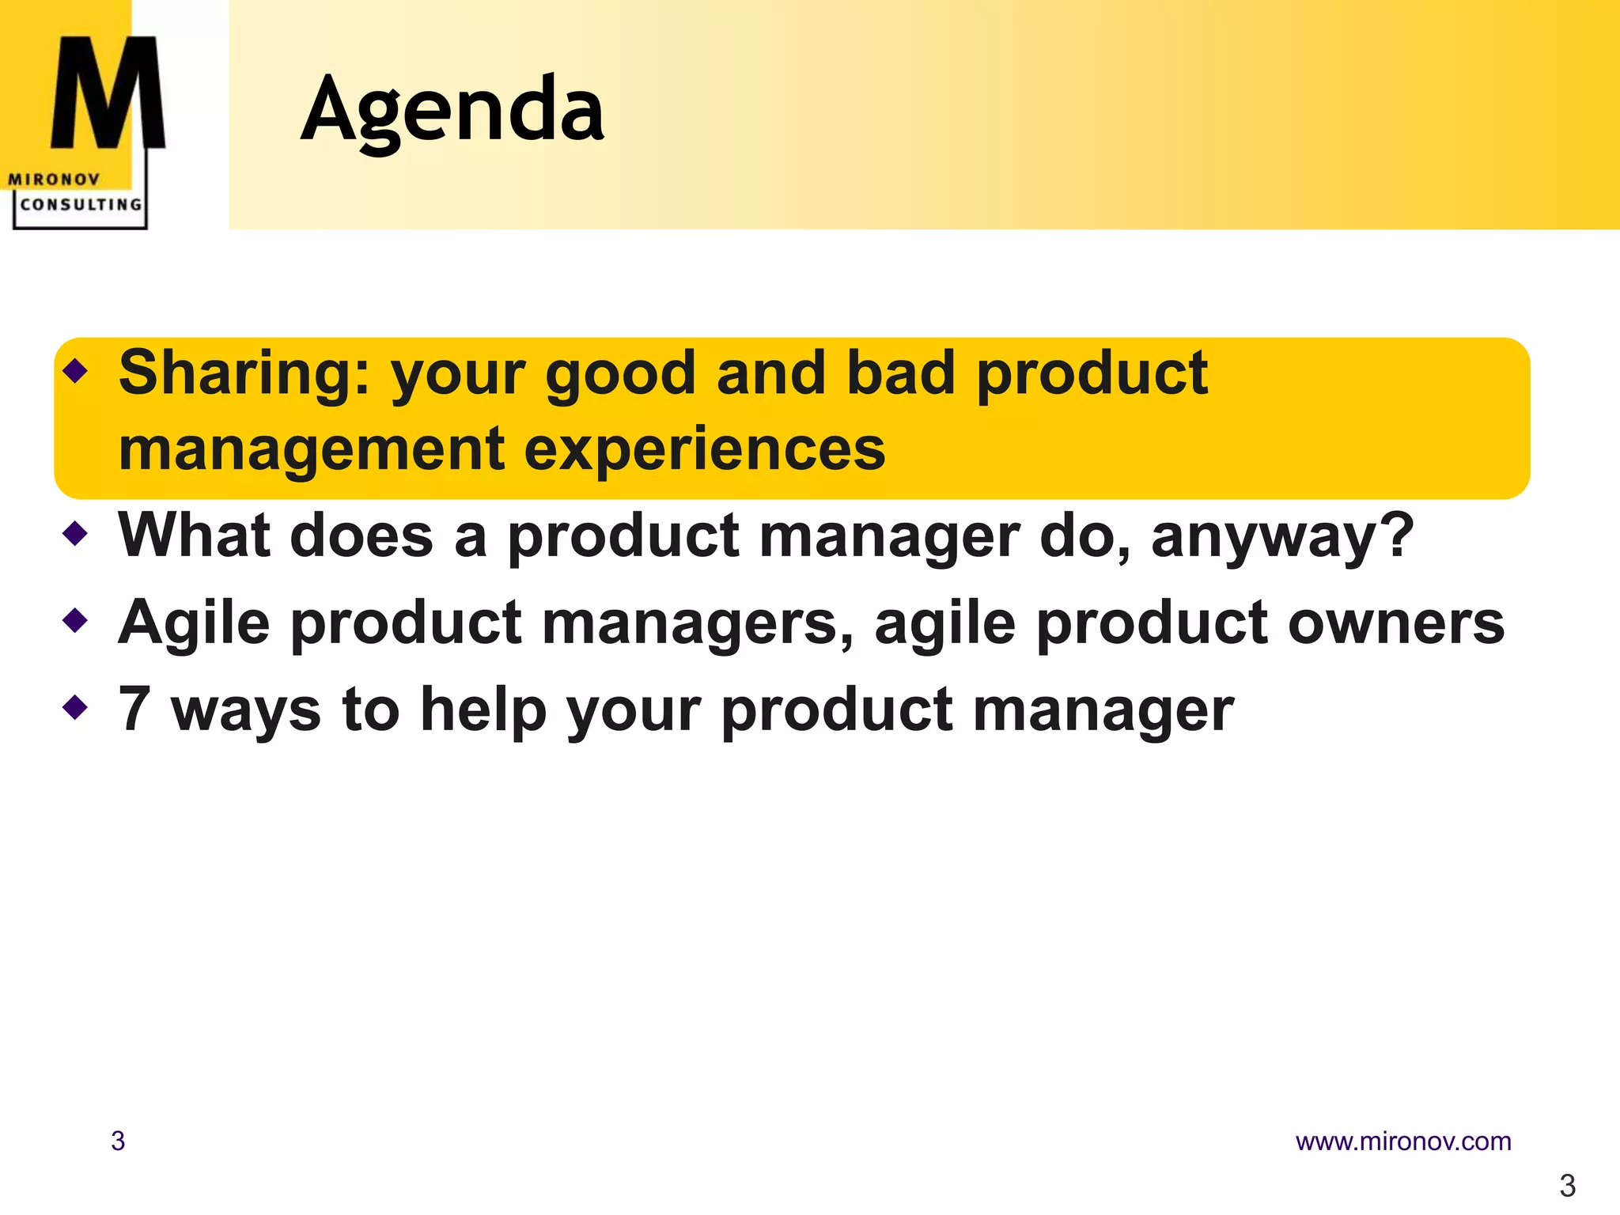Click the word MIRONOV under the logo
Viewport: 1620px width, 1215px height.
54,180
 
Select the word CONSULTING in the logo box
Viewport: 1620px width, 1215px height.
81,205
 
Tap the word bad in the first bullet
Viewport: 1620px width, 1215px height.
900,373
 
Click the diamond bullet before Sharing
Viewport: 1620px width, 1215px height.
75,369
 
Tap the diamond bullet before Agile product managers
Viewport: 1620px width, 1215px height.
75,620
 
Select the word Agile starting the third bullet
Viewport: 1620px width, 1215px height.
194,623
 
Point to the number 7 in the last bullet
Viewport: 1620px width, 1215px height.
134,709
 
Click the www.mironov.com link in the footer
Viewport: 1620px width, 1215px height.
1402,1141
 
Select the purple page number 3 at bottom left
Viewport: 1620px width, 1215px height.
118,1141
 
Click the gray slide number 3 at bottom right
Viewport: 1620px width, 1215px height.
1567,1186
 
